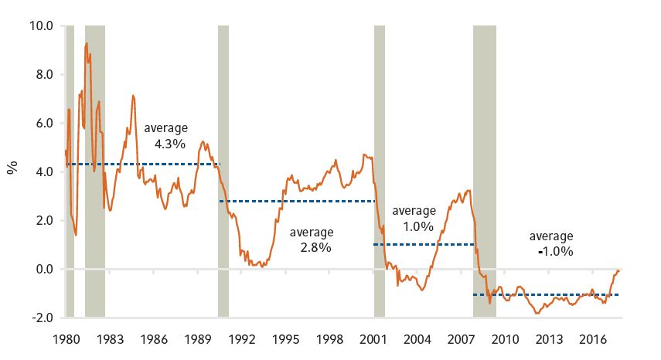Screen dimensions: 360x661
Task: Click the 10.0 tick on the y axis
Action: [40, 25]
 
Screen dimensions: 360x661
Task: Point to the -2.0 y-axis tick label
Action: [40, 318]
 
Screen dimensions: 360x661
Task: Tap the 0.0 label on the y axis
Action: [43, 269]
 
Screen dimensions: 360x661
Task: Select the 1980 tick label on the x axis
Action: [66, 338]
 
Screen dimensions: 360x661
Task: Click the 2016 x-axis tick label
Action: [593, 338]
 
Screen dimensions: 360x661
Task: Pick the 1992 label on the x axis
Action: [241, 338]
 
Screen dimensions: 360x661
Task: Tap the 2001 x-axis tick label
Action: [373, 338]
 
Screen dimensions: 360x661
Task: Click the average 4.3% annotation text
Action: [165, 135]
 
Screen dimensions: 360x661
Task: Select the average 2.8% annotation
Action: [311, 239]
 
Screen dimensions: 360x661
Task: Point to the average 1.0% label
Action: [414, 219]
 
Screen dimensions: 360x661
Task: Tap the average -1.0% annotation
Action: [551, 243]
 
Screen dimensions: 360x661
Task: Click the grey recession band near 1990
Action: [223, 170]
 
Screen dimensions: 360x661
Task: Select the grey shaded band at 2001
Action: [379, 170]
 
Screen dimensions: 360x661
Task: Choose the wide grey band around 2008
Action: [485, 170]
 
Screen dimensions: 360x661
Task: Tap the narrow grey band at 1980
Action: [70, 170]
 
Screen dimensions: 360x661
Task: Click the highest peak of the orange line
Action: [87, 43]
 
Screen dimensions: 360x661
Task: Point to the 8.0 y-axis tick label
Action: [43, 74]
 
